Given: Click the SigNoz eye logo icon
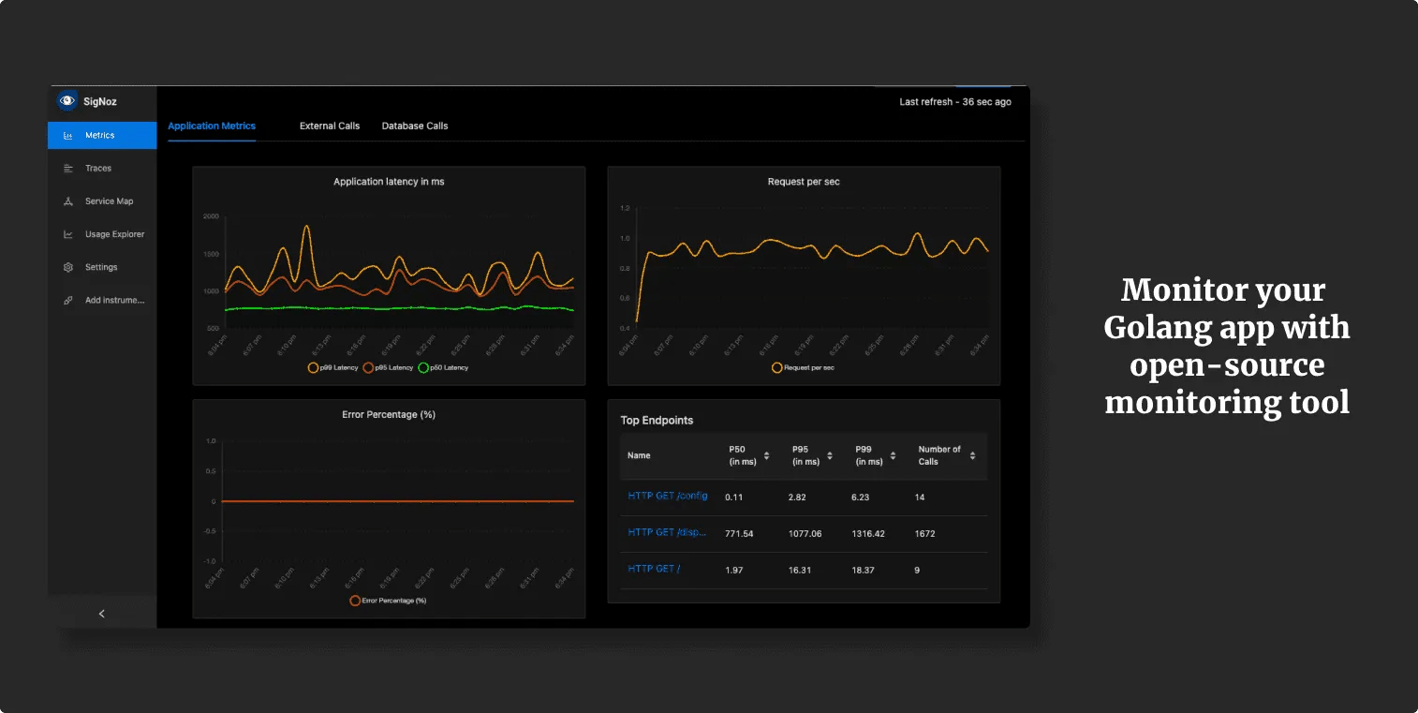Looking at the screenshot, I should click(67, 101).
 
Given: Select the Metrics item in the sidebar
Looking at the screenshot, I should click(99, 136).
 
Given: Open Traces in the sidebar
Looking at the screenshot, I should click(97, 169).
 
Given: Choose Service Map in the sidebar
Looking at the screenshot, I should click(109, 201).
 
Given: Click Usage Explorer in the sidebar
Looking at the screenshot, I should click(114, 234).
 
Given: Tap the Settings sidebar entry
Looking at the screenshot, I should click(101, 267).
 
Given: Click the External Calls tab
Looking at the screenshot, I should click(330, 126).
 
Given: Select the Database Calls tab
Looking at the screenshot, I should click(415, 126).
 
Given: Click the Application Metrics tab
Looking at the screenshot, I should click(212, 126).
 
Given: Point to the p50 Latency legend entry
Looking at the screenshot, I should click(443, 368).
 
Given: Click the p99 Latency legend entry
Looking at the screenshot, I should click(332, 368).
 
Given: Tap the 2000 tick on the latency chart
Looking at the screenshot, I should click(211, 216).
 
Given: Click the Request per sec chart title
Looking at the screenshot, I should click(804, 182).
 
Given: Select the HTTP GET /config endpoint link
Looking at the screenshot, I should click(668, 496).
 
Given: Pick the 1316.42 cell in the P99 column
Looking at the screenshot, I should click(867, 533).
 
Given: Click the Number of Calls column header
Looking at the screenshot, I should click(939, 455).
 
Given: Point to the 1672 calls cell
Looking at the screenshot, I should click(924, 533).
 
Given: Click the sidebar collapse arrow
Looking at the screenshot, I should click(102, 614).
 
